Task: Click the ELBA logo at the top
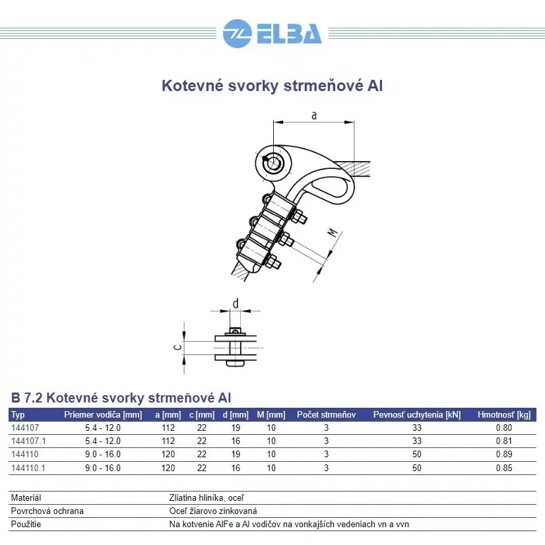(x=272, y=32)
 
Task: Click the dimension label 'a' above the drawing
(x=314, y=115)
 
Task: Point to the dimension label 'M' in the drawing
(x=334, y=234)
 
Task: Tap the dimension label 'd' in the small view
(x=236, y=303)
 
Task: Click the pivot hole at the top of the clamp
(x=272, y=162)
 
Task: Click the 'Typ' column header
(x=18, y=415)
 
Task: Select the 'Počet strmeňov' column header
(x=326, y=415)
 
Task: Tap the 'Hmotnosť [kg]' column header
(x=503, y=415)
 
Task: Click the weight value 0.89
(x=503, y=455)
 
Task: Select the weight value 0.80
(x=503, y=428)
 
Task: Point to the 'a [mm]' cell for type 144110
(x=168, y=455)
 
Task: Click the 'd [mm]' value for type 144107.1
(x=236, y=441)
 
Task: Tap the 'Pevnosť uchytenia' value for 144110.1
(x=416, y=468)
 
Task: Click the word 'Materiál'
(x=26, y=498)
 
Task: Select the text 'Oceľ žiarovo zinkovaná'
(x=213, y=511)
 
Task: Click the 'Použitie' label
(x=26, y=525)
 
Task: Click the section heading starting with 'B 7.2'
(x=121, y=398)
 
